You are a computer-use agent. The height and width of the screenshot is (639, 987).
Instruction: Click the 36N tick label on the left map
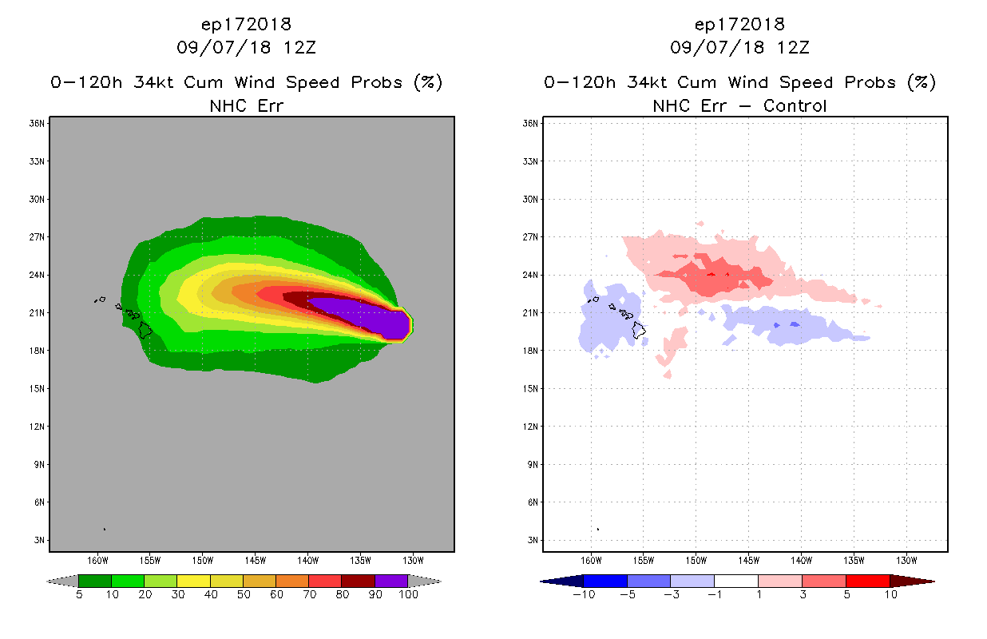coord(37,124)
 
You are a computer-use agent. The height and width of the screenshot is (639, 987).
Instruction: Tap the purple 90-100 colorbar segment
coord(391,581)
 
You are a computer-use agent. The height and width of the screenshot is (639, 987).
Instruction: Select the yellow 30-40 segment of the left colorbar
coord(193,581)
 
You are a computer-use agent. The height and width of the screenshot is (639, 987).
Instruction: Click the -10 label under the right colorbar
coord(583,594)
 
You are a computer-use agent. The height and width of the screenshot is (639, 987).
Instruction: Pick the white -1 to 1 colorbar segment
coord(735,581)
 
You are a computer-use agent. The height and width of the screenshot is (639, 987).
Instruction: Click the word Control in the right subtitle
coord(795,105)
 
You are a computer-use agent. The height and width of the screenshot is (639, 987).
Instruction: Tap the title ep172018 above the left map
coord(245,25)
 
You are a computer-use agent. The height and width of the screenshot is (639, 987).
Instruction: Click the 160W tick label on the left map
coord(98,560)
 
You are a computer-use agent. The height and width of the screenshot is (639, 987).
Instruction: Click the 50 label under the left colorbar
coord(243,594)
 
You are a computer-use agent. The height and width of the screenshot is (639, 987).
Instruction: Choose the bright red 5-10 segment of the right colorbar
coord(867,581)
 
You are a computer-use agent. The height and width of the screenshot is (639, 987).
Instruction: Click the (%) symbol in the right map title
coord(922,82)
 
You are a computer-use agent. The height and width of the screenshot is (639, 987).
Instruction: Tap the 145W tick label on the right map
coord(748,560)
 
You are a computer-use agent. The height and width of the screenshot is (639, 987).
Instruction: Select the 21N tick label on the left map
coord(37,313)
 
